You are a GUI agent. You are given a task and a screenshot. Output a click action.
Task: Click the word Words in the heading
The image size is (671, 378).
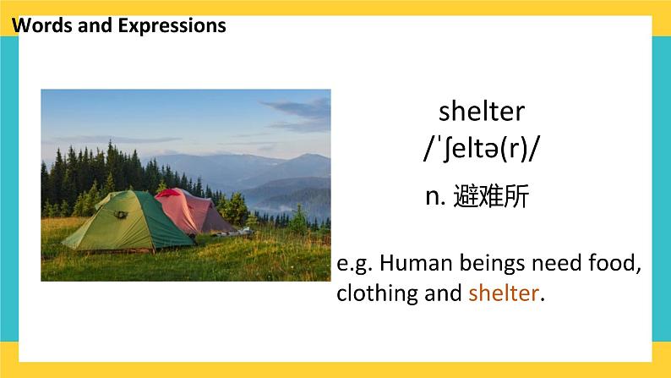coord(42,25)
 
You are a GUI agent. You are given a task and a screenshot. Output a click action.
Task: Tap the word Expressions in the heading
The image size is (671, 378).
coord(172,26)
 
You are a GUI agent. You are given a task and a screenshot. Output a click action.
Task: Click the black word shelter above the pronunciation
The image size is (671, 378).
coord(482,111)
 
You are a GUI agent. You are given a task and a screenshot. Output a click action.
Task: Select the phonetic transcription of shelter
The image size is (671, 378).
coord(481,149)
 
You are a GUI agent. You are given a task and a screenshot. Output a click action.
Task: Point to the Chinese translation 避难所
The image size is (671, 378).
coord(491,196)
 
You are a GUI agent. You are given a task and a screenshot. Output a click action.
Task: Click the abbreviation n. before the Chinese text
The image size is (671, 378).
coord(435,197)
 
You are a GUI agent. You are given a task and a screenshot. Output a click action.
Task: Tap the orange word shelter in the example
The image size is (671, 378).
coord(504,293)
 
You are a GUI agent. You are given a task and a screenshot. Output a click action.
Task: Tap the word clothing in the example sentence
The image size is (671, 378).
coord(377,294)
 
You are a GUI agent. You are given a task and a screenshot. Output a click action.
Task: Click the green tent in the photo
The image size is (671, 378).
coord(128,221)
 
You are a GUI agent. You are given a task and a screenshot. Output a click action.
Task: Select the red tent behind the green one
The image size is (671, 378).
coord(194,211)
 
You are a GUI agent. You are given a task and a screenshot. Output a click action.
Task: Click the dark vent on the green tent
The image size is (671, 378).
coord(120,214)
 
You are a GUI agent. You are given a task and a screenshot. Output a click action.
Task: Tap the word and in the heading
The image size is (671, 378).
coord(95,25)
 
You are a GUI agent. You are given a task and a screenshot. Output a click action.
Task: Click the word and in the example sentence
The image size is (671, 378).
coord(443,293)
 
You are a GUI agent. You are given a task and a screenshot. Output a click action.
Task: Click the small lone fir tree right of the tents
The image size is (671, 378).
coord(298,220)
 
